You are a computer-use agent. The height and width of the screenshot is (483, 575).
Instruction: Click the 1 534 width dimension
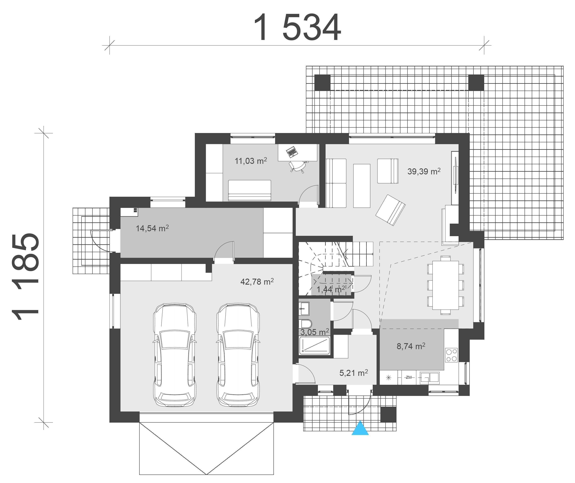298,27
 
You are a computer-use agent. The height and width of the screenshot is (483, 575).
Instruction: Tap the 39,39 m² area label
424,171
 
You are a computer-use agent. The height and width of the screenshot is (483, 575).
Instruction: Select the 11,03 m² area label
250,161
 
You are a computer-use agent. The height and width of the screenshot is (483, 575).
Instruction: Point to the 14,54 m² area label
152,228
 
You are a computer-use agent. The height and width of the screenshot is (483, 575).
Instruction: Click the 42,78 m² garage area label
257,282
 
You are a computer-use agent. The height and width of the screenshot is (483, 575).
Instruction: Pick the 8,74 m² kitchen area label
411,346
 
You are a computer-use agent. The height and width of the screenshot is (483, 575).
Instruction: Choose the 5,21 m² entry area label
353,373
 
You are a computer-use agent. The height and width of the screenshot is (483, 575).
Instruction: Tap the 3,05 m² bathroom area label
315,332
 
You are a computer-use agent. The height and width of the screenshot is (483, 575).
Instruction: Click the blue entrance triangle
360,428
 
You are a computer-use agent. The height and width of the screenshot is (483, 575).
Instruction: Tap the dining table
446,285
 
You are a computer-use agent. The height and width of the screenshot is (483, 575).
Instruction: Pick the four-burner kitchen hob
451,355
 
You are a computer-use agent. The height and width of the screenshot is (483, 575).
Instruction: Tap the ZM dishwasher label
408,378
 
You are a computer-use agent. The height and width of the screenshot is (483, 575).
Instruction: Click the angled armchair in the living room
391,210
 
